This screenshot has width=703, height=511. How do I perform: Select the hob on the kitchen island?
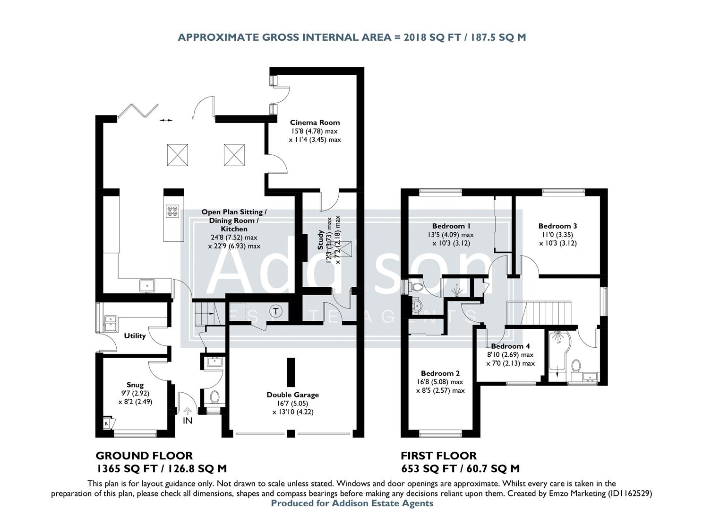(172, 211)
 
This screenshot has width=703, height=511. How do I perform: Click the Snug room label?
(135, 385)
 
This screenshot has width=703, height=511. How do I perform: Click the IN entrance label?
(188, 420)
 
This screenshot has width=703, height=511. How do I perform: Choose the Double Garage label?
(292, 395)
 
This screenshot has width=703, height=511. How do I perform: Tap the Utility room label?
(135, 336)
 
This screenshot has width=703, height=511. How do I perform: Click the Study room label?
(320, 240)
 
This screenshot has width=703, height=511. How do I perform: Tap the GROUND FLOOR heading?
(144, 456)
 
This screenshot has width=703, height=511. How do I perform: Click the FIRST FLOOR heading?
(438, 456)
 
